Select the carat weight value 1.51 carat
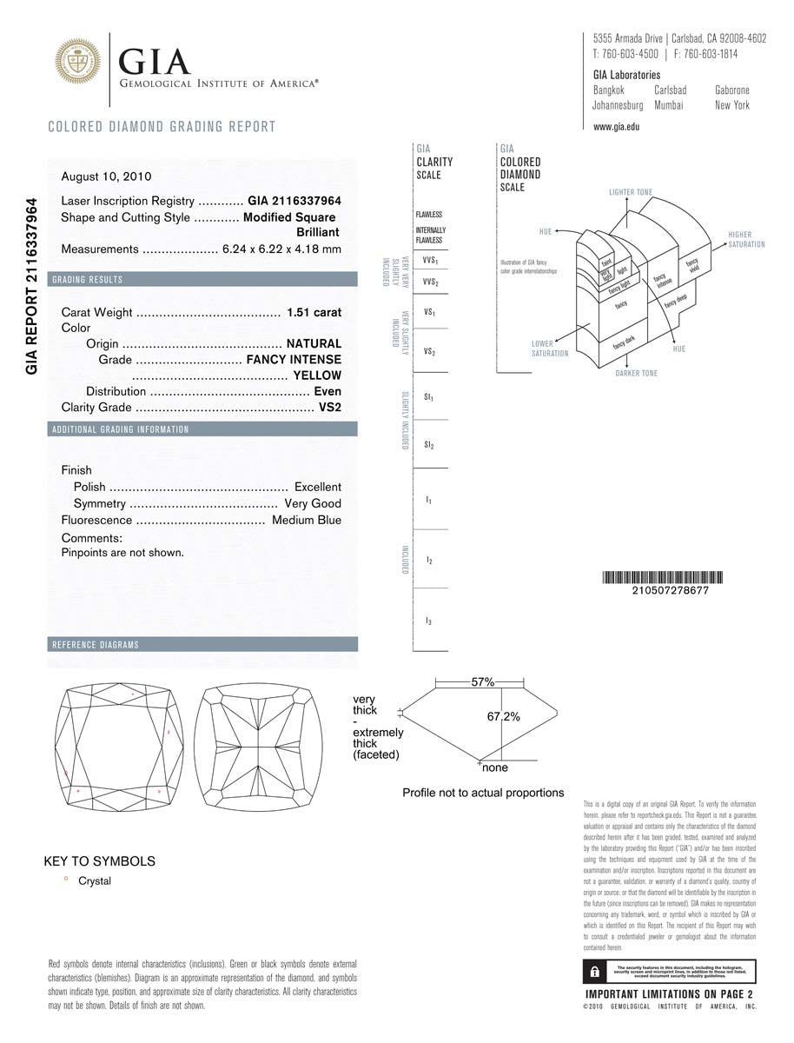point(314,312)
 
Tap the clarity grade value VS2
point(330,408)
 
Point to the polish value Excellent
point(317,487)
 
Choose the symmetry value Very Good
point(313,503)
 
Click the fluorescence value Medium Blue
point(307,520)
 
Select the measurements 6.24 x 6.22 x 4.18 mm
point(281,249)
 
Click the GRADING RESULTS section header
point(88,280)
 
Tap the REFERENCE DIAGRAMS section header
point(96,645)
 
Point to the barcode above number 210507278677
point(665,578)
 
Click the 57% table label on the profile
point(483,682)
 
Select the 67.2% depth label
point(503,717)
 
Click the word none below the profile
point(495,768)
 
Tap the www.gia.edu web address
point(616,126)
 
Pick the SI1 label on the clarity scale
point(429,397)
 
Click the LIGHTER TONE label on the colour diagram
point(631,192)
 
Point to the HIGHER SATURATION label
point(746,240)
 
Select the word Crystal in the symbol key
point(95,880)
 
